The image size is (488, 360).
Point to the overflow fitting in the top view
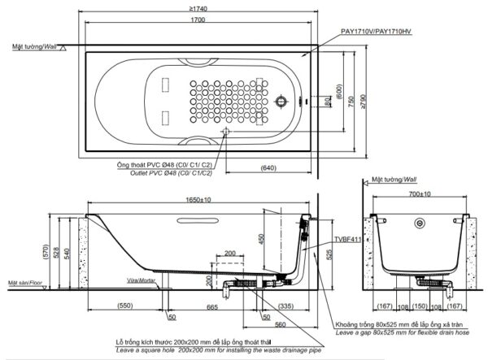[281, 102]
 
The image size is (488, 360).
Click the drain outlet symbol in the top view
[226, 132]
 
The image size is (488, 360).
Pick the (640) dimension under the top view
[271, 168]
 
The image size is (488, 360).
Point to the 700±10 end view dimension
[420, 196]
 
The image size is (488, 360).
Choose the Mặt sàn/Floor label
[24, 282]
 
